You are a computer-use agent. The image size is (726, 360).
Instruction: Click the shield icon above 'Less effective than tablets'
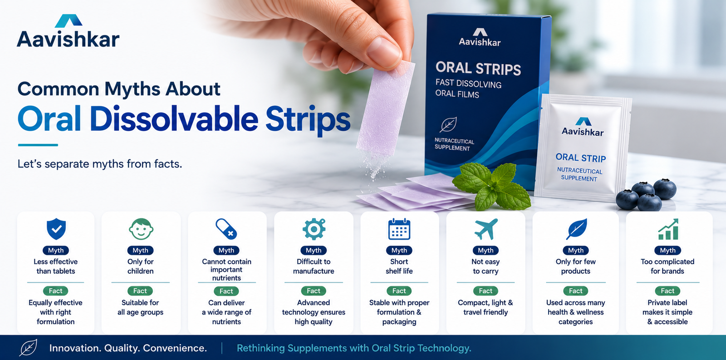pyautogui.click(x=56, y=229)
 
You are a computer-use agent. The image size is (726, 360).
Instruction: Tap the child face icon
pyautogui.click(x=141, y=229)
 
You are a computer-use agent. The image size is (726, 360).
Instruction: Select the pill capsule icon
pyautogui.click(x=226, y=229)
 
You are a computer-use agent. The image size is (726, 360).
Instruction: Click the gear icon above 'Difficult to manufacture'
pyautogui.click(x=314, y=229)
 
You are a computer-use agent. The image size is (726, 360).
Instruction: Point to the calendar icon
pyautogui.click(x=399, y=229)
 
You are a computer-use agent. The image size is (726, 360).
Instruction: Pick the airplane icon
pyautogui.click(x=486, y=229)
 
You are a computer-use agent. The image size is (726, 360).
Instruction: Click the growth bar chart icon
pyautogui.click(x=668, y=229)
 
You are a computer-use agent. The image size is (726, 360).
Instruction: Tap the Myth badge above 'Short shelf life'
pyautogui.click(x=399, y=251)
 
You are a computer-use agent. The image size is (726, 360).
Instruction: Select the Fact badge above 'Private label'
pyautogui.click(x=667, y=291)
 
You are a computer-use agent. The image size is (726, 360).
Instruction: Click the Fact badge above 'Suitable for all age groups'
pyautogui.click(x=140, y=291)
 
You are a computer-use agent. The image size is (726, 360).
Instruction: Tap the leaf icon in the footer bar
pyautogui.click(x=29, y=348)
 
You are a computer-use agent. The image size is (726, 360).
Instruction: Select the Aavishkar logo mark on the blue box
pyautogui.click(x=480, y=32)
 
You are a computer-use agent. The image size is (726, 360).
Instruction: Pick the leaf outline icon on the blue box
pyautogui.click(x=449, y=124)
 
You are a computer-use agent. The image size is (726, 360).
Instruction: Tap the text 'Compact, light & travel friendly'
pyautogui.click(x=485, y=307)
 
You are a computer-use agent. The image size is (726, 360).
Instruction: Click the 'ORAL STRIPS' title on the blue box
pyautogui.click(x=478, y=69)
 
